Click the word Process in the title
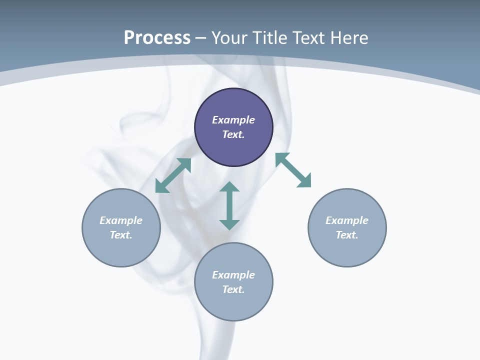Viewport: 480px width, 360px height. pos(157,37)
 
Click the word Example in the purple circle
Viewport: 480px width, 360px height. pos(233,120)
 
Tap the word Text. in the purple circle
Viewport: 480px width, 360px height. pos(233,134)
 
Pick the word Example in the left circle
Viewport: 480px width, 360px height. pos(121,220)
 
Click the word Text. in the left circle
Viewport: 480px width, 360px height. pos(121,235)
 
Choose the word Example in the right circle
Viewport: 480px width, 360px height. pos(347,220)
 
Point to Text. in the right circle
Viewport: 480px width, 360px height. pos(347,235)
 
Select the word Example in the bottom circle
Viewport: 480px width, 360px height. pos(233,275)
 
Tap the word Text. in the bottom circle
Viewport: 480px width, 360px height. pos(233,289)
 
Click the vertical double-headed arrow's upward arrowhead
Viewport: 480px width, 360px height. pos(229,187)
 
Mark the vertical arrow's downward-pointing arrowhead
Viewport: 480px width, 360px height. pos(229,224)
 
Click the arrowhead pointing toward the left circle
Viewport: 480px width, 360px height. pos(161,186)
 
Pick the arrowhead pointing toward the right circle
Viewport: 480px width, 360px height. pos(304,181)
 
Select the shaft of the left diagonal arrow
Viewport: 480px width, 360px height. pos(173,175)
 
